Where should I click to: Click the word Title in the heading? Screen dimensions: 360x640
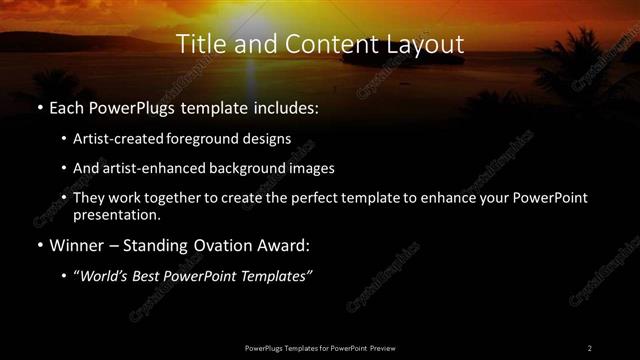coord(200,45)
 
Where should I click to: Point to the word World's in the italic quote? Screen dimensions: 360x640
coord(108,275)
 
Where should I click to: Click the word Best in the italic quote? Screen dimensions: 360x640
coord(154,275)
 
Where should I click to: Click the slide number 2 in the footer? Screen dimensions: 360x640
coord(589,347)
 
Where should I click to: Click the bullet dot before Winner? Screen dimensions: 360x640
coord(38,245)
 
